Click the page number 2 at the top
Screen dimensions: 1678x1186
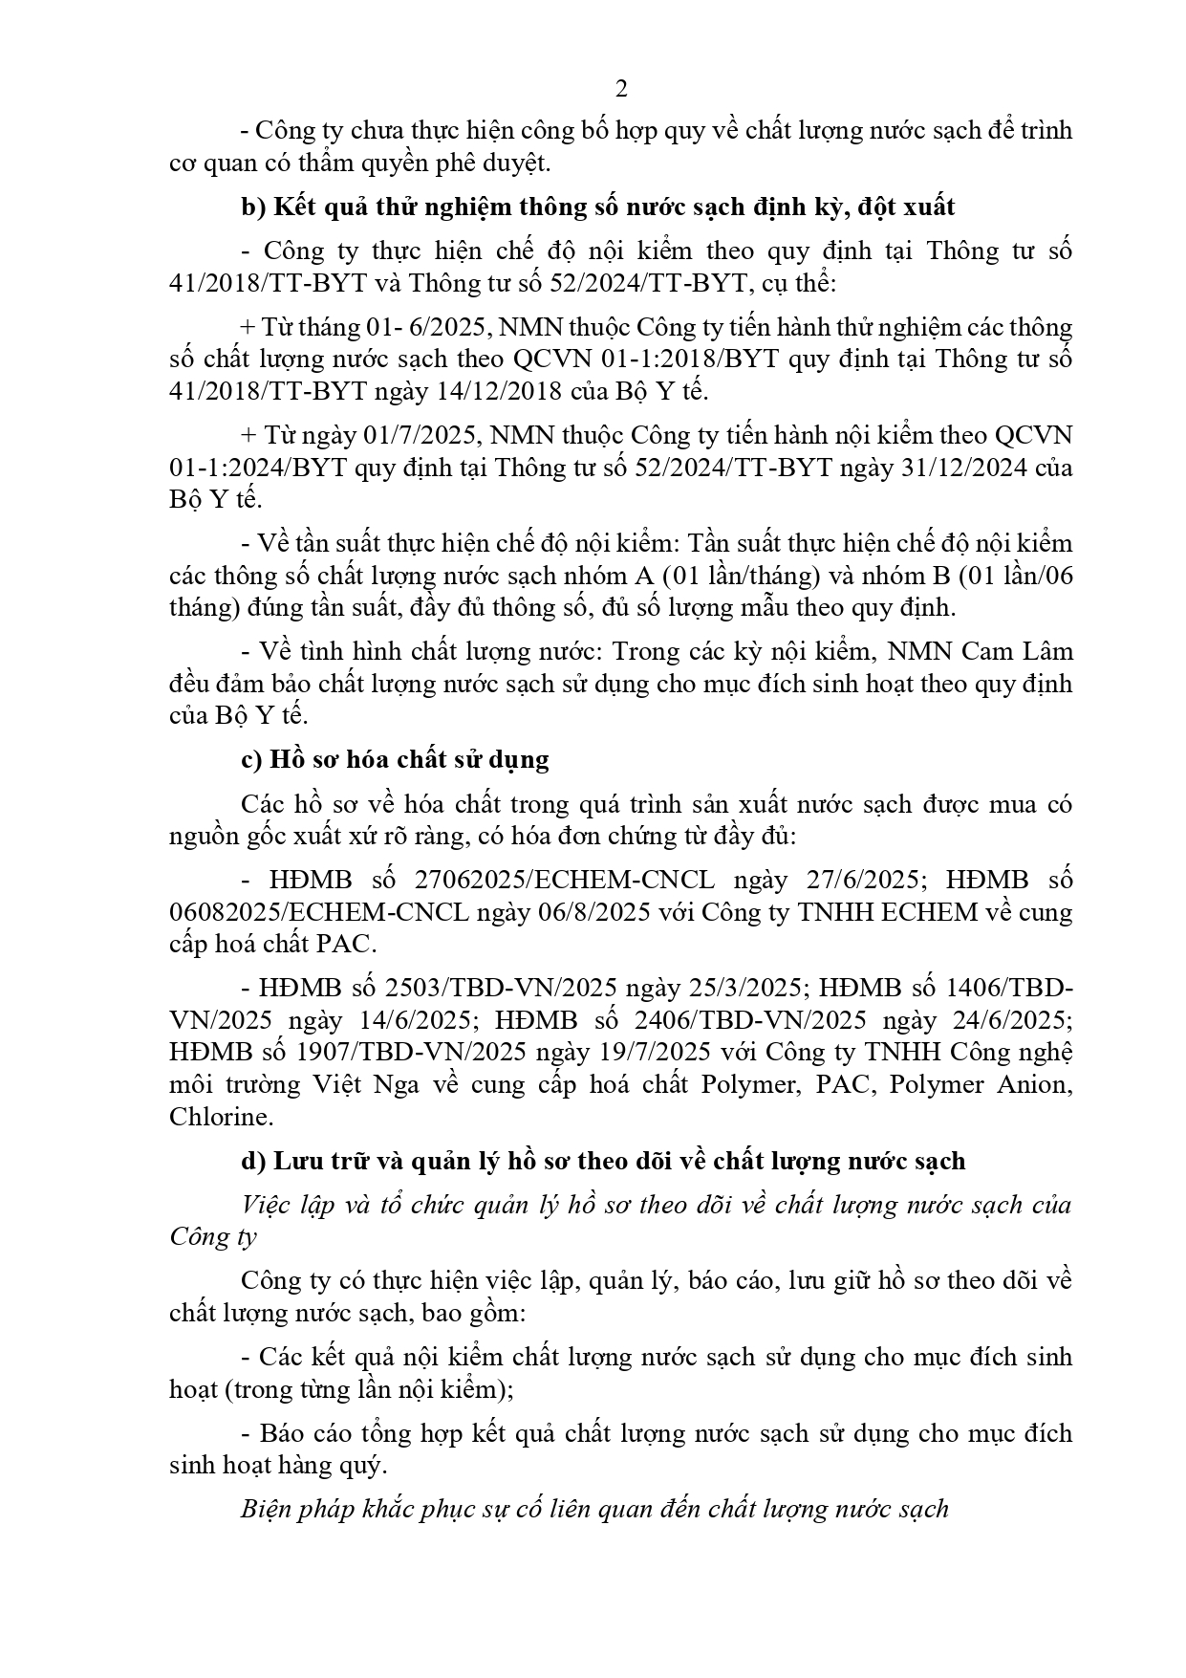(x=621, y=89)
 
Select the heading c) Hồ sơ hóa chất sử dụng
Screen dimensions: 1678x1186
(x=395, y=760)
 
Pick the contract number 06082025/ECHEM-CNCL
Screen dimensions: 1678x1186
(x=319, y=912)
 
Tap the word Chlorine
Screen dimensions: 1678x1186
(x=219, y=1117)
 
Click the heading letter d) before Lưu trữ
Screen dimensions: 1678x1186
(x=252, y=1161)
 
